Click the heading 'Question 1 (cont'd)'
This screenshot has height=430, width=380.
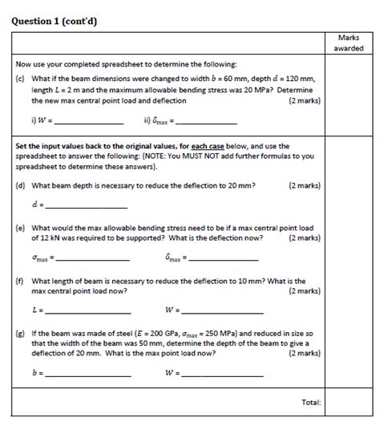[x=54, y=21]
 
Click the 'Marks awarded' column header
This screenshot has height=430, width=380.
[x=348, y=43]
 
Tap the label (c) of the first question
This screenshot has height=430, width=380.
[x=21, y=79]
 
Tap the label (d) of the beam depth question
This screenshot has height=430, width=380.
[x=21, y=185]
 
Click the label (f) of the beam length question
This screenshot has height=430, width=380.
[x=21, y=281]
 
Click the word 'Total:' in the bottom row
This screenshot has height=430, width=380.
[x=309, y=402]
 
